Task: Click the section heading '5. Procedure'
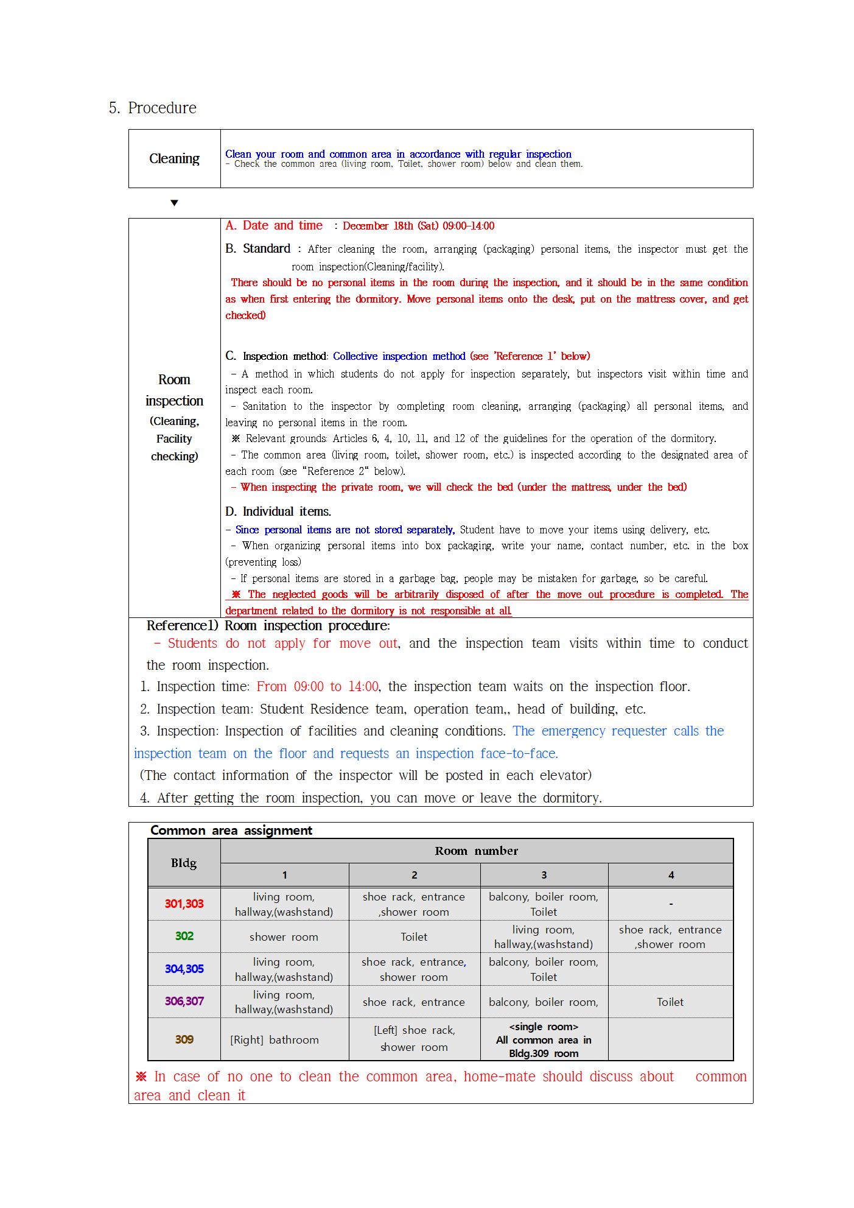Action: coord(153,108)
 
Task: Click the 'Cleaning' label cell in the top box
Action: coord(174,159)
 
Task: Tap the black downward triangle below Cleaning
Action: coord(174,203)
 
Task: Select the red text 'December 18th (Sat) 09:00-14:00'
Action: coord(418,226)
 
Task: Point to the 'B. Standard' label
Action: coord(257,248)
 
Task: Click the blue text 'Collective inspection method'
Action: coord(399,356)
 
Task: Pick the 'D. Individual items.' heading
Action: coord(278,511)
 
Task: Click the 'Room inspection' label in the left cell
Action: coord(174,390)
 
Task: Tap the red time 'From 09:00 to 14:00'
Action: coord(317,687)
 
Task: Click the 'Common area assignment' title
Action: coord(231,830)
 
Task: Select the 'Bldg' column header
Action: coord(184,863)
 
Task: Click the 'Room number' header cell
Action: coord(476,851)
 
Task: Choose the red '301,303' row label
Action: coord(184,904)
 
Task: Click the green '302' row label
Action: coord(184,936)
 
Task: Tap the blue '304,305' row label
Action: coord(184,969)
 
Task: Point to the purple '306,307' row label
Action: coord(184,1001)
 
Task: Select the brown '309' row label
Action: coord(184,1039)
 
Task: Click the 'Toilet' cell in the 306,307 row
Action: coord(670,1002)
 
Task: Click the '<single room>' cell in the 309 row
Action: coord(544,1040)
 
